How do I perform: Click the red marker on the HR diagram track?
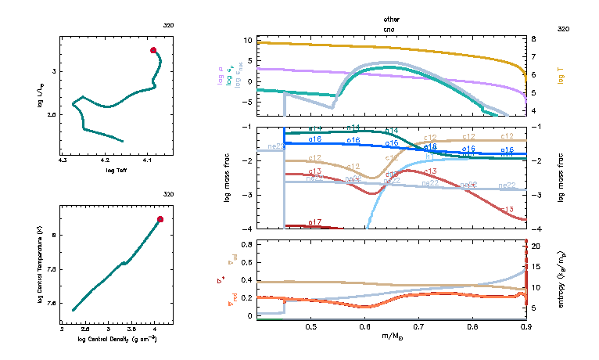pyautogui.click(x=153, y=50)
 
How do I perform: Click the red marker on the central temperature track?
pyautogui.click(x=160, y=219)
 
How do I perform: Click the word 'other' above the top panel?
pyautogui.click(x=391, y=18)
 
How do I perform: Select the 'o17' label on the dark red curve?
pyautogui.click(x=315, y=223)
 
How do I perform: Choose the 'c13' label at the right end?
pyautogui.click(x=506, y=210)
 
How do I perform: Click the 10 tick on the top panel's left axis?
pyautogui.click(x=248, y=39)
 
